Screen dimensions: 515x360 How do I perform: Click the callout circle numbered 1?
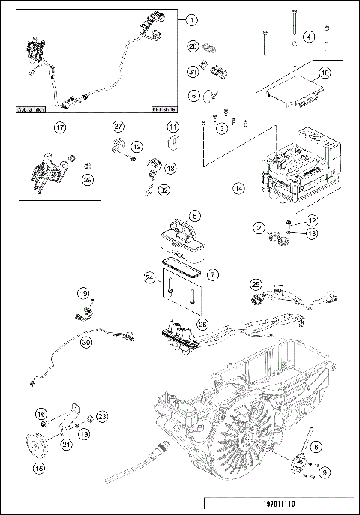pos(192,19)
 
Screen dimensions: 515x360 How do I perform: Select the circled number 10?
pos(325,73)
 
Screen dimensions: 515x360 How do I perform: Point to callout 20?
pos(193,46)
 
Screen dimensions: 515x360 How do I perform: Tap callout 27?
pos(118,125)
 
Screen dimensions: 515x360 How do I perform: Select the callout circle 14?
pos(238,190)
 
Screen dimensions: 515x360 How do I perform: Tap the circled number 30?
pos(86,343)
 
